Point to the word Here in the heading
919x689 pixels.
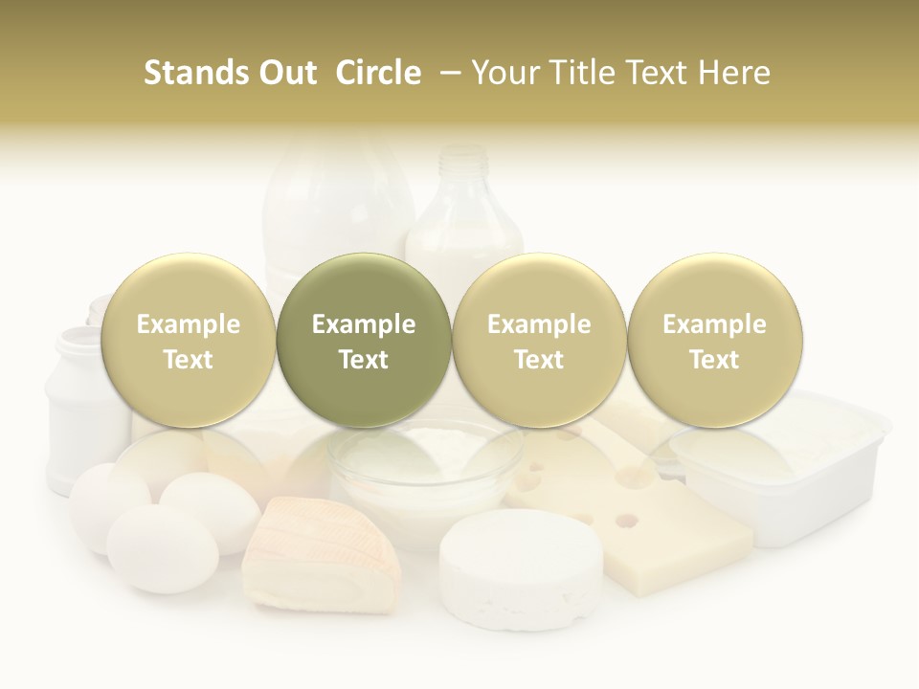(x=736, y=73)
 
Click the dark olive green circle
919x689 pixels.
(x=364, y=340)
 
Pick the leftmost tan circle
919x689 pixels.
(x=188, y=340)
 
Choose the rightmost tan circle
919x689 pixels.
(x=714, y=340)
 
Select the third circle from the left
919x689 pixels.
(x=539, y=340)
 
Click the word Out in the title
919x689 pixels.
(x=286, y=73)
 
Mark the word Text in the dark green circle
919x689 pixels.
(x=364, y=359)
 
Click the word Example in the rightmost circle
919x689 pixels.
(x=714, y=323)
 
